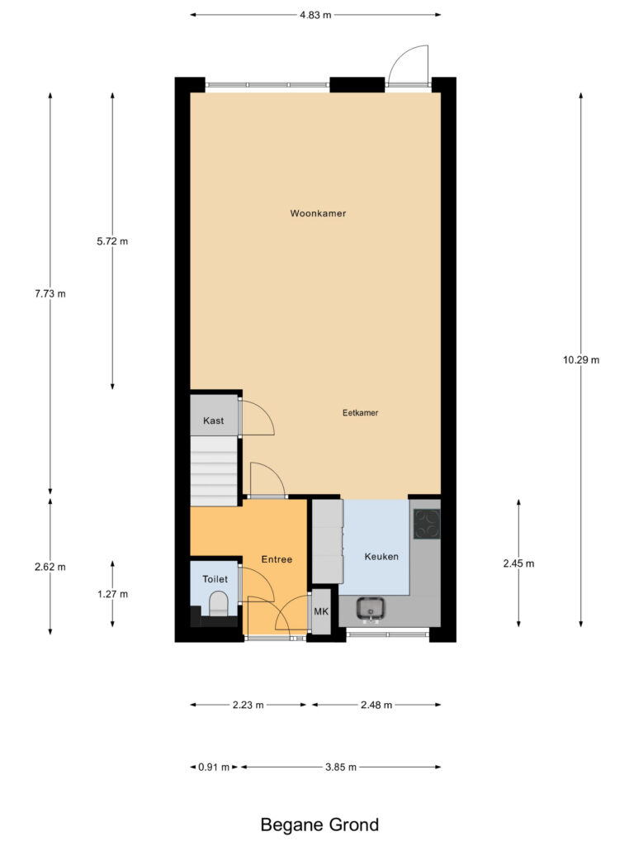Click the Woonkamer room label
318,213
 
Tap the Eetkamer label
360,413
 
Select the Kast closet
214,415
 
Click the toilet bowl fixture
219,604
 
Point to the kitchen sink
371,608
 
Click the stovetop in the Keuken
427,524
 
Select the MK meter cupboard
321,611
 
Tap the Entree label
277,559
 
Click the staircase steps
214,471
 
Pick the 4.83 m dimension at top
316,15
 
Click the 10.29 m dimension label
581,360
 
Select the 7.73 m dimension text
50,294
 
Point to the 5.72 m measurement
112,241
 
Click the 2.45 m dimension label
518,563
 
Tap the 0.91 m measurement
214,767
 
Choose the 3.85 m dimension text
341,767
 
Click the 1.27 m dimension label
112,594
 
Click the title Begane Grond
319,825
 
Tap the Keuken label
381,556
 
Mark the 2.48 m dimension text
376,705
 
